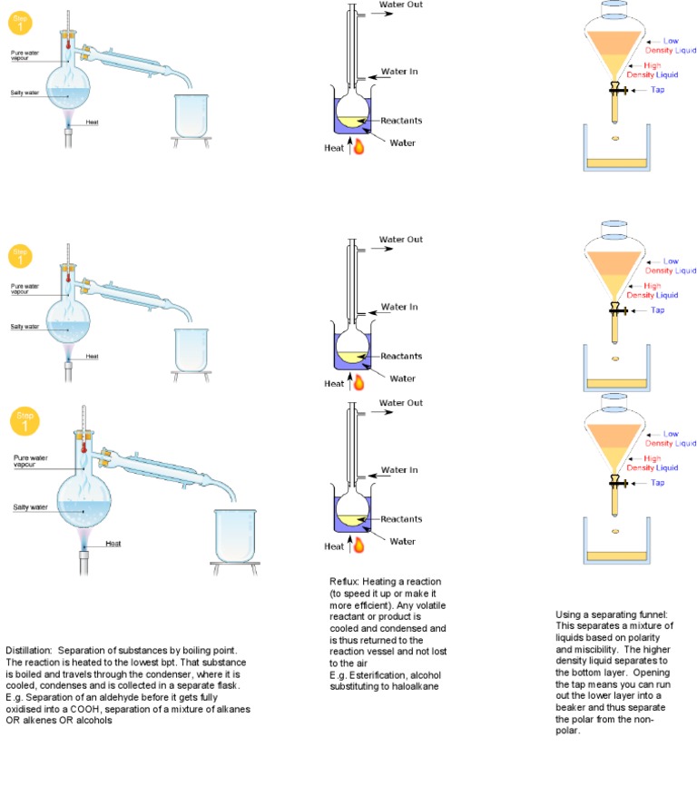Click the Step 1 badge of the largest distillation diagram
pos(25,422)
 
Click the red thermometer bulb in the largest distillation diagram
pos(83,447)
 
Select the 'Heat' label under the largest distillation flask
pos(113,544)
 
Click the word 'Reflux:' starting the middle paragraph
pos(344,581)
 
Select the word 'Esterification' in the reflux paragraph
pos(371,675)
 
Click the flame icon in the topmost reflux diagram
pos(358,146)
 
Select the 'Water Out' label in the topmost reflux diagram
pos(401,5)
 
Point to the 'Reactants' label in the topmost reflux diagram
pos(401,121)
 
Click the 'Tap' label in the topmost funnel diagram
pos(658,90)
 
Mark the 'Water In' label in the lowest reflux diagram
pos(399,470)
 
